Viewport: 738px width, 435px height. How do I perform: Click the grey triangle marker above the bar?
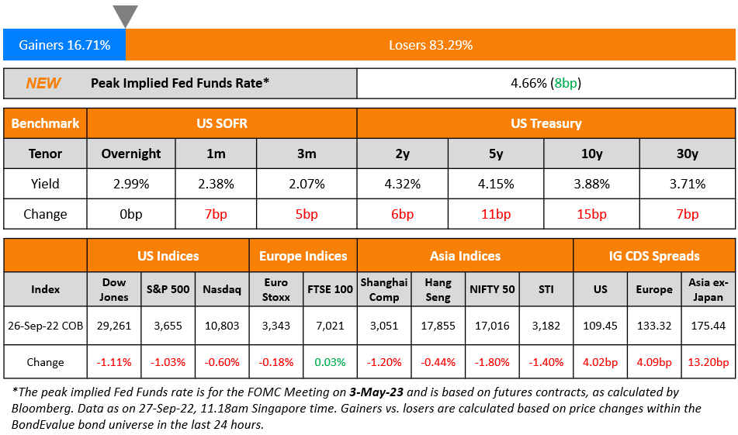coord(125,16)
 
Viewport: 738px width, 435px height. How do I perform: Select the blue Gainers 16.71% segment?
coord(64,45)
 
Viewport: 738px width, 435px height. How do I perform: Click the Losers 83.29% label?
coord(431,45)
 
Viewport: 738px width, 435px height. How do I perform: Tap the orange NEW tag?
coord(43,84)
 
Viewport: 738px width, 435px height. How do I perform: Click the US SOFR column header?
coord(222,123)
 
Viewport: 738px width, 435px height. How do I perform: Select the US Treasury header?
coord(546,123)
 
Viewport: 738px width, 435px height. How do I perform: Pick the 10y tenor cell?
coord(591,154)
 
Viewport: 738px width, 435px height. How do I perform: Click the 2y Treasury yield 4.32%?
coord(402,184)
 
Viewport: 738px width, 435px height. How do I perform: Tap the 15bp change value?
coord(591,214)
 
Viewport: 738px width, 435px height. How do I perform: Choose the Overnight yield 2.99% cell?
coord(131,184)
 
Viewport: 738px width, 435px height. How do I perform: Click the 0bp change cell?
coord(131,214)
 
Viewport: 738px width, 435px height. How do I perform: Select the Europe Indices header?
coord(303,256)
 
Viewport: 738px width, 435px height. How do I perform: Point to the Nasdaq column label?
coord(220,289)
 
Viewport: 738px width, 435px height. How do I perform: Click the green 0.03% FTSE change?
coord(331,362)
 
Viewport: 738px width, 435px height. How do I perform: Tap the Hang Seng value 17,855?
coord(438,326)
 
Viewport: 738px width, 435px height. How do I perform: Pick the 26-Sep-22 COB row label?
coord(46,326)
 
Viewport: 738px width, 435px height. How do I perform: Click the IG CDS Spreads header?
coord(654,256)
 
